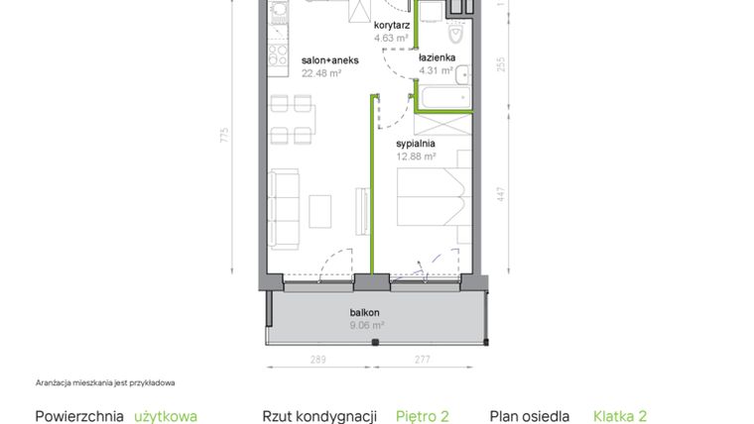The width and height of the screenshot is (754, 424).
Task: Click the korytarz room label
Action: (392, 26)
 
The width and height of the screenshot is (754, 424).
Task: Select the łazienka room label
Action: (436, 57)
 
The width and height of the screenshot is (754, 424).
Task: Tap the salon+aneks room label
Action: (329, 59)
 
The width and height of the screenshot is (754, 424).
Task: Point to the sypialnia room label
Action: (416, 143)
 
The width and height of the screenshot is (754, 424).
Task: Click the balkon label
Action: (365, 312)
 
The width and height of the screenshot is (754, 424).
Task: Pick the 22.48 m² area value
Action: (320, 71)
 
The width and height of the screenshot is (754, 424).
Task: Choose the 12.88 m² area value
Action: (416, 155)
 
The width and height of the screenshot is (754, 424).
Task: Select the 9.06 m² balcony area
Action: (366, 324)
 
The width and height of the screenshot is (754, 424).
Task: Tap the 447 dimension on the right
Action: (501, 195)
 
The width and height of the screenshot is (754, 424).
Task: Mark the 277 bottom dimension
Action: (423, 361)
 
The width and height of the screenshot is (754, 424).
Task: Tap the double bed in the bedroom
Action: (430, 196)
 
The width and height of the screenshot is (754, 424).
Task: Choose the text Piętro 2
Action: (429, 417)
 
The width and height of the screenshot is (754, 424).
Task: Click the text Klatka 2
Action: (626, 417)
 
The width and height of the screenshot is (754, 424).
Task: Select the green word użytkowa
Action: (166, 417)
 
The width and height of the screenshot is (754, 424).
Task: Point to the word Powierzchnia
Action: (79, 417)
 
